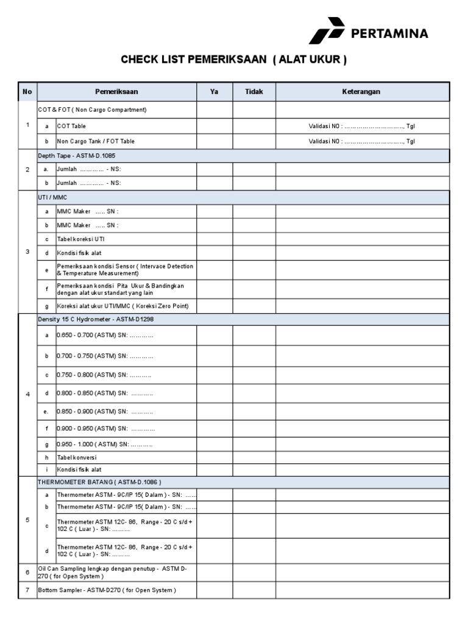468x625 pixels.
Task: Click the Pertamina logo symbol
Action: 326,31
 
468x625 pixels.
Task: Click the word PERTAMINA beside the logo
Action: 389,33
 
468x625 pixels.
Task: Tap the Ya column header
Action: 214,92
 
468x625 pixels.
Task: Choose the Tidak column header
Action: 253,92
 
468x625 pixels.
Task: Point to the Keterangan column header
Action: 362,92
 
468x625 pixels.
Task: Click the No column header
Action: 27,92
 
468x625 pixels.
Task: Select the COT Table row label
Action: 71,126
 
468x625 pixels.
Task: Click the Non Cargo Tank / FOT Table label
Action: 96,141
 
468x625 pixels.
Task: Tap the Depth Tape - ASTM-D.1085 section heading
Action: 76,156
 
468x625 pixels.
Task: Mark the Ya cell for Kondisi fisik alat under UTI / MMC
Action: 214,253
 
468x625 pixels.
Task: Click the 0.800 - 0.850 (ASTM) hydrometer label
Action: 105,394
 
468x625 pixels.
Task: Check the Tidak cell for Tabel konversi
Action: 253,457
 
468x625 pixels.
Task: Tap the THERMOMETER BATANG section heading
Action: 99,482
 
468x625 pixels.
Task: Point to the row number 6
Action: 27,573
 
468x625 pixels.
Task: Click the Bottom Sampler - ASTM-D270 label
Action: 107,590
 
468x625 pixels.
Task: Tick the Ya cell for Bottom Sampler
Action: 214,590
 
